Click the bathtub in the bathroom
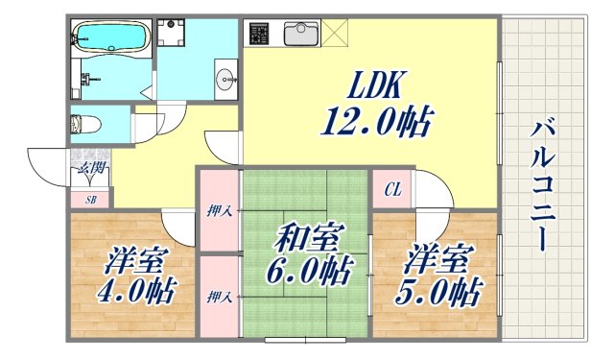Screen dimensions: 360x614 click(111, 39)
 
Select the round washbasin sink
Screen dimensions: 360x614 click(227, 80)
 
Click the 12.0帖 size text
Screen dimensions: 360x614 click(376, 123)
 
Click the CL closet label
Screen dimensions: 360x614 click(392, 190)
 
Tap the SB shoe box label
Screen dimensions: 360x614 click(90, 200)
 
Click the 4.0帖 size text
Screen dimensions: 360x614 click(136, 291)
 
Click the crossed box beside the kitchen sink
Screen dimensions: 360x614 click(339, 32)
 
